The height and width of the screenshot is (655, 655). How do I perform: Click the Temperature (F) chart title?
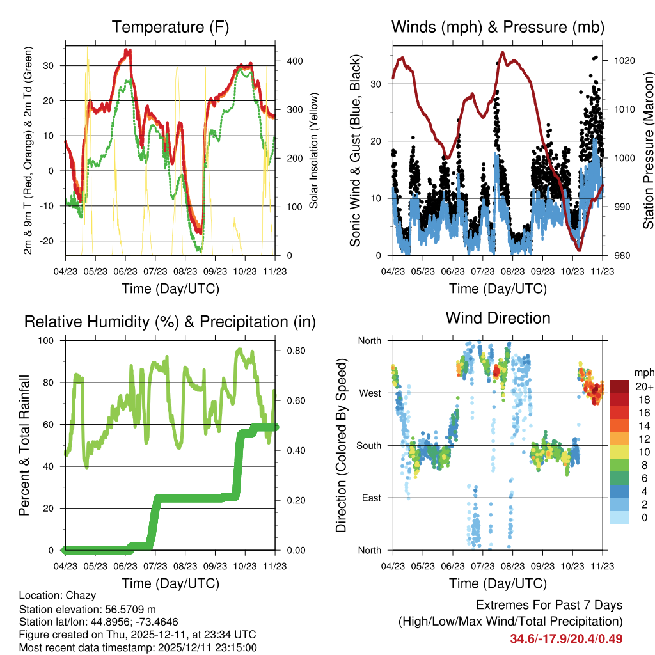[170, 28]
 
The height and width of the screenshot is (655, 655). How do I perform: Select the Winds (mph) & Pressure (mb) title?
[498, 28]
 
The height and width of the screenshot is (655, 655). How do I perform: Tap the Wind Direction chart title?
[498, 318]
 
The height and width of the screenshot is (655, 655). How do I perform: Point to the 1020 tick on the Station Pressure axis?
[624, 61]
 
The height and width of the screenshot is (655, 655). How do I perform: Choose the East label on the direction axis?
[370, 498]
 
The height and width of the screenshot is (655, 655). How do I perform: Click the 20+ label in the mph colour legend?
[643, 386]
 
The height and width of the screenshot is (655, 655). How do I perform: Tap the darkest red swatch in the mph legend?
[619, 386]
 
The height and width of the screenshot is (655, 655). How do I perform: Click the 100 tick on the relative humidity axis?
[51, 340]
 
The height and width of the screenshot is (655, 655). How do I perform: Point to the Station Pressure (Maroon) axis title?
[647, 150]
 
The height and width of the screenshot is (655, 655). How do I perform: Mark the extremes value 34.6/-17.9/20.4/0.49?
[566, 638]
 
